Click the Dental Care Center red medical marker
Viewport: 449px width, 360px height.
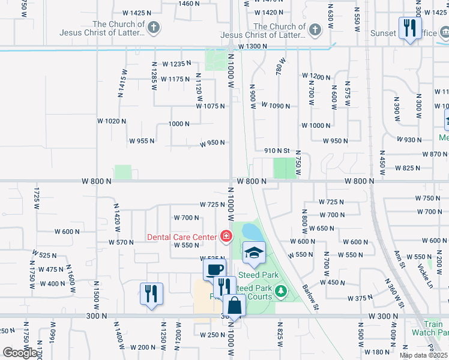[226, 236]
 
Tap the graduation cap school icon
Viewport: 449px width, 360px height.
[254, 252]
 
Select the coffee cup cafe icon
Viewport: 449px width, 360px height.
[214, 269]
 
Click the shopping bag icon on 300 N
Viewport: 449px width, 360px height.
[235, 306]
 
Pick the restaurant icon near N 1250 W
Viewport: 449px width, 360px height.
[151, 293]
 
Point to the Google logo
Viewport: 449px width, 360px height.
[20, 353]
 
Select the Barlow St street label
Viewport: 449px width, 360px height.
[309, 294]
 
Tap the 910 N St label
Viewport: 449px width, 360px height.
[277, 151]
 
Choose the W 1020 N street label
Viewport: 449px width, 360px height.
[112, 121]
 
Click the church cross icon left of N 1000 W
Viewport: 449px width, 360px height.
[154, 28]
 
